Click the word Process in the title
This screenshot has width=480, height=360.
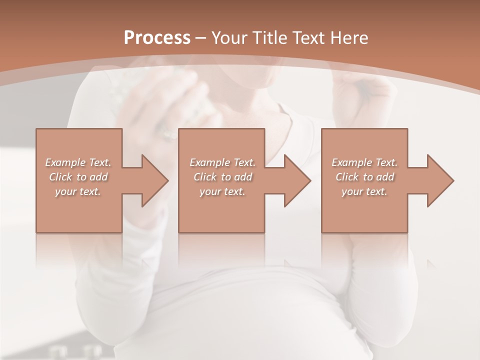[157, 38]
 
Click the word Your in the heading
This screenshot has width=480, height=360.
[231, 38]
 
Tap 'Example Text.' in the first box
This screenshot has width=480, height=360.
[78, 162]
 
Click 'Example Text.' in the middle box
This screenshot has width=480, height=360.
[222, 162]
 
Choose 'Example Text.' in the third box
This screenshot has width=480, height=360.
[364, 162]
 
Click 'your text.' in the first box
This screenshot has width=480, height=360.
[78, 191]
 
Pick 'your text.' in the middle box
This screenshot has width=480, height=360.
[222, 191]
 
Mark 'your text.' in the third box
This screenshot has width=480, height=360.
[364, 191]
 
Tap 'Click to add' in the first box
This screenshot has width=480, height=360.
[78, 177]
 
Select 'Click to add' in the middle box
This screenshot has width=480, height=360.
[222, 177]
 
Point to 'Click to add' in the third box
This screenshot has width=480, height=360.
[364, 177]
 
